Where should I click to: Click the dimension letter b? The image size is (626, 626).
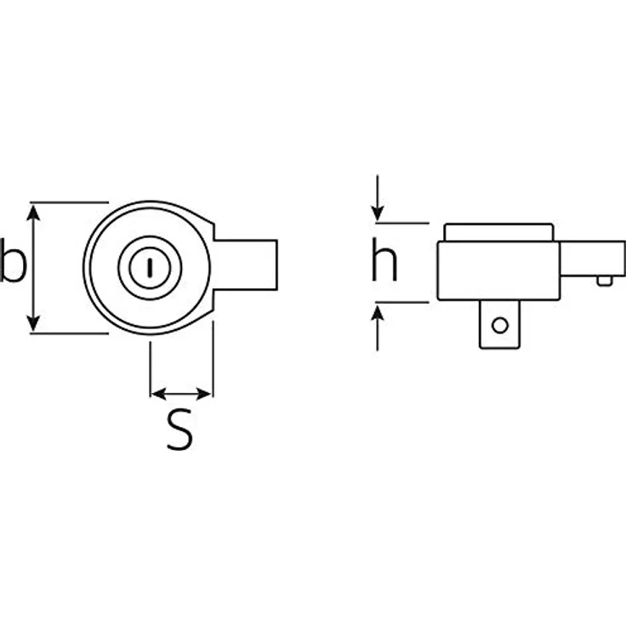pyautogui.click(x=13, y=261)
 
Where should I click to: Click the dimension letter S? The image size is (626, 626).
pyautogui.click(x=179, y=430)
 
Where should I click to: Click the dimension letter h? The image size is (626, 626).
pyautogui.click(x=384, y=259)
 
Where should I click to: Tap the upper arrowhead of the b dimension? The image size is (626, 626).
pyautogui.click(x=33, y=213)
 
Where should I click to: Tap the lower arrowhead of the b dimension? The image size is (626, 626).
pyautogui.click(x=33, y=323)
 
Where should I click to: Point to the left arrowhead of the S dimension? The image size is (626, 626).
pyautogui.click(x=159, y=394)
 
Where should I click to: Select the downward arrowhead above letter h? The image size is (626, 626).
pyautogui.click(x=378, y=213)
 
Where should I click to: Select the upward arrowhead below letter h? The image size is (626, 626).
pyautogui.click(x=378, y=312)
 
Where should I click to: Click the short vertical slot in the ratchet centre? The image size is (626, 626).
pyautogui.click(x=150, y=268)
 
